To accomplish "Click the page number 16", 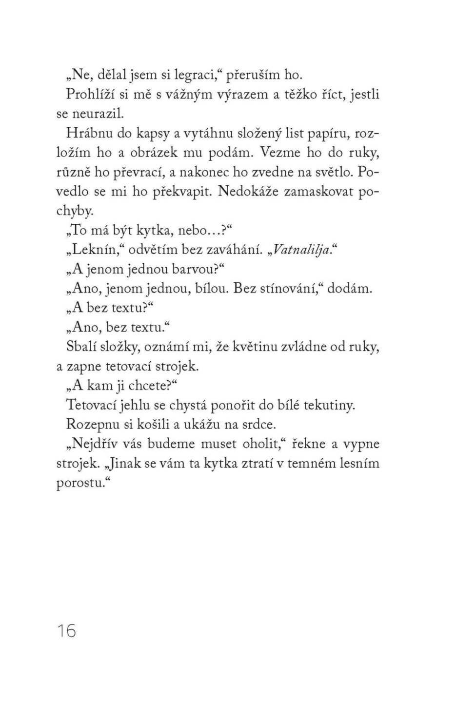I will coord(67,631).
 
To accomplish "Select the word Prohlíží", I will coord(91,94).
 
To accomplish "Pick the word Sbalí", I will coord(81,347).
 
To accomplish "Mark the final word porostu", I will coord(81,483).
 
